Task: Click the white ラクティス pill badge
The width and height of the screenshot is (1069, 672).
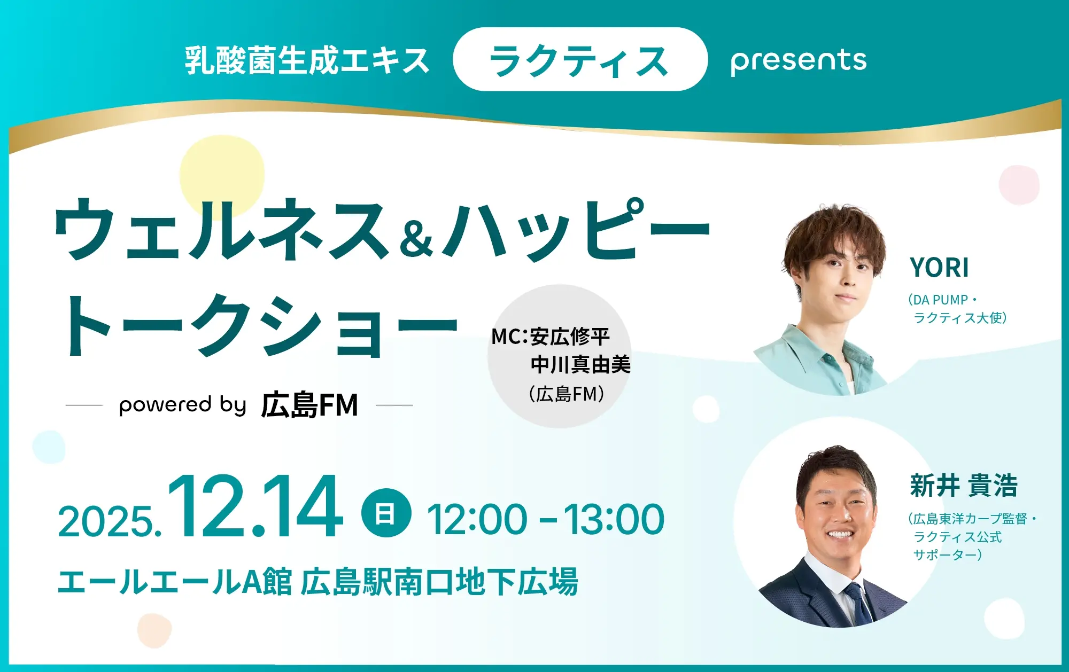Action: click(x=580, y=59)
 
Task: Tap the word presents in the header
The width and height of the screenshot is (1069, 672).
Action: click(x=799, y=61)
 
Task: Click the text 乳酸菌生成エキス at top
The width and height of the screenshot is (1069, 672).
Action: click(x=307, y=60)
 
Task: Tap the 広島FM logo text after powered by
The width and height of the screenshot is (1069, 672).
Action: click(x=309, y=404)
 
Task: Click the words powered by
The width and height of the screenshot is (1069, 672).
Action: click(x=182, y=405)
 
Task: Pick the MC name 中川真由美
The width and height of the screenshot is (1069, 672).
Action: click(x=580, y=365)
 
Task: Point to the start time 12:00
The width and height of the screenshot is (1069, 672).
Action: click(x=477, y=519)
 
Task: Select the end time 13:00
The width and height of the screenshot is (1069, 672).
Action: click(x=614, y=519)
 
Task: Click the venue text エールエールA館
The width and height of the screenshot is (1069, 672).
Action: click(x=175, y=582)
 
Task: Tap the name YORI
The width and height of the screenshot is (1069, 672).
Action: click(x=939, y=268)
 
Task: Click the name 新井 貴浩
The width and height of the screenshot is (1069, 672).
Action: click(x=964, y=486)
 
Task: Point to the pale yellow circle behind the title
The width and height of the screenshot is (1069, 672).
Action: click(x=222, y=174)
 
